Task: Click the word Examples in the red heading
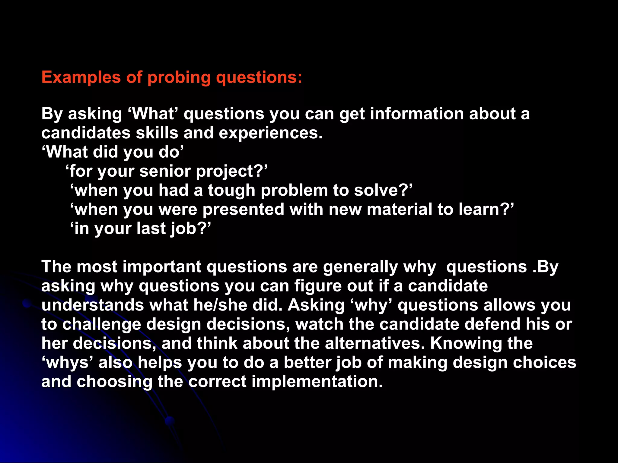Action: coord(81,77)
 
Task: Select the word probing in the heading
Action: coord(179,77)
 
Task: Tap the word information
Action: coord(417,114)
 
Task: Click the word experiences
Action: coord(270,133)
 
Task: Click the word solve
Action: coord(381,191)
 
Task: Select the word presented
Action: coord(243,209)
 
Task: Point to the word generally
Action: coord(361,267)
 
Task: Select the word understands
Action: coord(93,305)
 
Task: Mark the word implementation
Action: coord(317,382)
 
